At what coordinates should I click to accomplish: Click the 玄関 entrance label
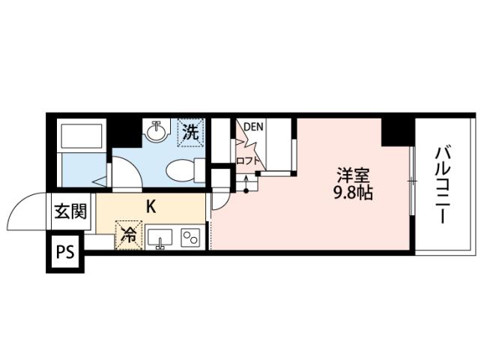70,210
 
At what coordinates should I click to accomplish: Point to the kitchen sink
160,238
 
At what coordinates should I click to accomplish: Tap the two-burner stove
190,237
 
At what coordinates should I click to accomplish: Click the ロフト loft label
248,160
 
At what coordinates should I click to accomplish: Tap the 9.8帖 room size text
354,193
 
